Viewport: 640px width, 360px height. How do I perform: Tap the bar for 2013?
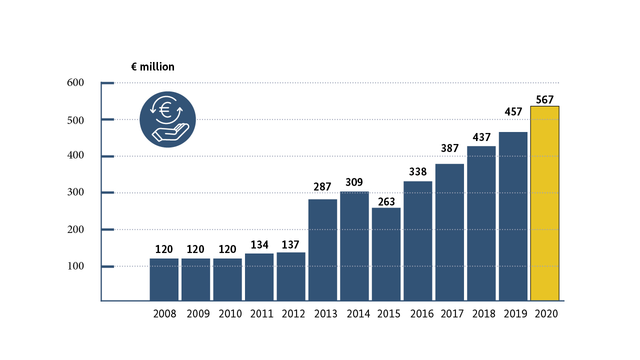tap(322, 250)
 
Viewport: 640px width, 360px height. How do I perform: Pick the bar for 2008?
tap(164, 279)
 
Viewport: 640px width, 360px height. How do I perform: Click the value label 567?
tap(544, 99)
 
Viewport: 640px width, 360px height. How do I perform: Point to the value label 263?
tap(386, 201)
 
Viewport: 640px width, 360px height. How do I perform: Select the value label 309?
tap(354, 182)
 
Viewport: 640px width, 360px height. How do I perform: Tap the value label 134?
tap(259, 245)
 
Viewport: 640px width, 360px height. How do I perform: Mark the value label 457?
tap(512, 111)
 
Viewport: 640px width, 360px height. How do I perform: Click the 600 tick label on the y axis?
tap(75, 82)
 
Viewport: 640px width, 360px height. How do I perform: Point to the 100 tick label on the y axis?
tap(75, 266)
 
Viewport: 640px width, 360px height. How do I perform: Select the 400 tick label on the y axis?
tap(75, 156)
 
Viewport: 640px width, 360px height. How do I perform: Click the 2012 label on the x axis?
tap(293, 314)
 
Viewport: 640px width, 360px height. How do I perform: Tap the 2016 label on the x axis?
tap(421, 314)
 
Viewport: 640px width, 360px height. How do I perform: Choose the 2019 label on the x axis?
tap(515, 314)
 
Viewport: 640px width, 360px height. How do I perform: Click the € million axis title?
tap(152, 66)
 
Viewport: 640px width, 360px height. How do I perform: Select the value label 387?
tap(449, 148)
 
